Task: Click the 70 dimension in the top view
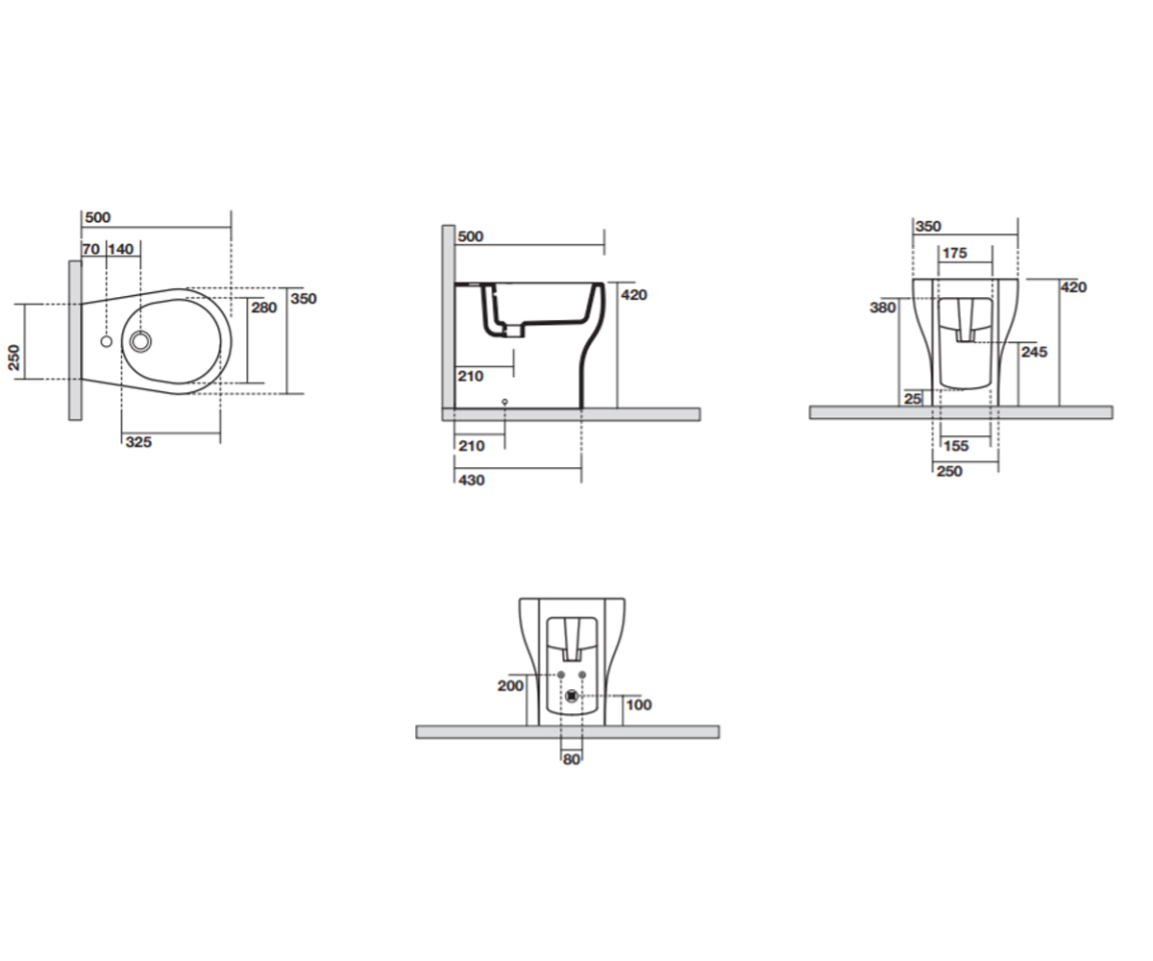(x=91, y=249)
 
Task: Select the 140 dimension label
(x=120, y=249)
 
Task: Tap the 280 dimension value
(x=264, y=308)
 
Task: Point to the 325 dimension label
(x=138, y=442)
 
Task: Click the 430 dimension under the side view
(x=472, y=480)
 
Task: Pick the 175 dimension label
(x=955, y=253)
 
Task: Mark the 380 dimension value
(x=882, y=308)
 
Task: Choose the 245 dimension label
(x=1034, y=352)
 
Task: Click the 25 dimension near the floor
(x=913, y=398)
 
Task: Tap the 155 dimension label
(x=956, y=446)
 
